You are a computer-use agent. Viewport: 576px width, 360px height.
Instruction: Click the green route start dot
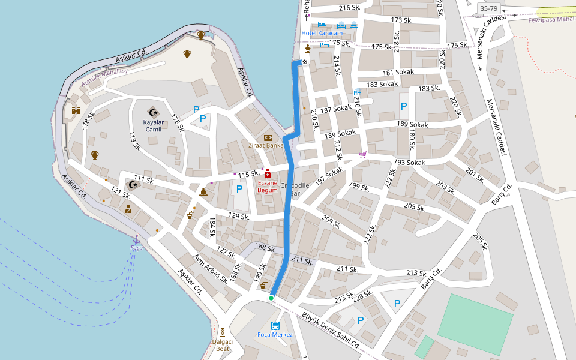click(271, 298)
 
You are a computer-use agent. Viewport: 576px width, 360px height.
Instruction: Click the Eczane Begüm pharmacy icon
click(267, 174)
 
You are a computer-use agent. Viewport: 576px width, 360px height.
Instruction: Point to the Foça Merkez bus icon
click(275, 326)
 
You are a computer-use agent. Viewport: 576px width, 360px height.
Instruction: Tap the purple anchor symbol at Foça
click(136, 239)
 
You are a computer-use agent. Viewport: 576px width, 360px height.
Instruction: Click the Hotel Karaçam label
click(322, 33)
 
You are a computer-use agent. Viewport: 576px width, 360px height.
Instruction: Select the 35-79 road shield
click(488, 8)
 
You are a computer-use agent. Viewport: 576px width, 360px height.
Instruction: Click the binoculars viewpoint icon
click(76, 110)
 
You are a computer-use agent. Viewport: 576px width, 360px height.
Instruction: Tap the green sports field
click(475, 323)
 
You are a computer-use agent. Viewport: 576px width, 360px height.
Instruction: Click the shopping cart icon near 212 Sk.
click(362, 154)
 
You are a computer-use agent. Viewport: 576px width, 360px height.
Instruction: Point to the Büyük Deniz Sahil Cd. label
click(330, 330)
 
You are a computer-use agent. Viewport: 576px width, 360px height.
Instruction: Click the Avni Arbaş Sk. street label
click(210, 266)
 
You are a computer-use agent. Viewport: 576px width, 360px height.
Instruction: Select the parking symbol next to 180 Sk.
click(404, 106)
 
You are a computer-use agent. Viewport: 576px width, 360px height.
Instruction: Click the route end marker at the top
click(305, 62)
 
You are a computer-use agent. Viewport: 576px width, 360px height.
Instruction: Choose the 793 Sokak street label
click(409, 163)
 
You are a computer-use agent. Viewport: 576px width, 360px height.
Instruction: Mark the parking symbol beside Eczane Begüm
click(239, 189)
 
